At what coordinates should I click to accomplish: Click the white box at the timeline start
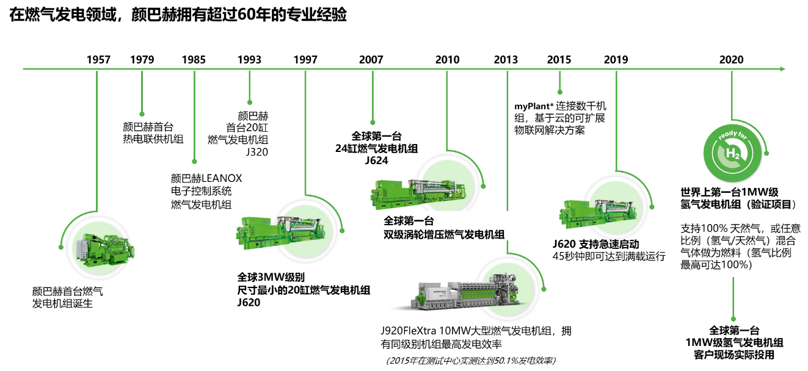point(39,60)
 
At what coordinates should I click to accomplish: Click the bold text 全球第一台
point(409,220)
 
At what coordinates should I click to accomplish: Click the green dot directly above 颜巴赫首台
point(142,113)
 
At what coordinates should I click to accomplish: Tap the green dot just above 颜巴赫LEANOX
point(194,162)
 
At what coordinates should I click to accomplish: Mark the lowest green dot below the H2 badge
point(733,319)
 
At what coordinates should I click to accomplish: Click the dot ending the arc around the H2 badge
point(766,153)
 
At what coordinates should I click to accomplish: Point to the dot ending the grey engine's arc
point(544,289)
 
